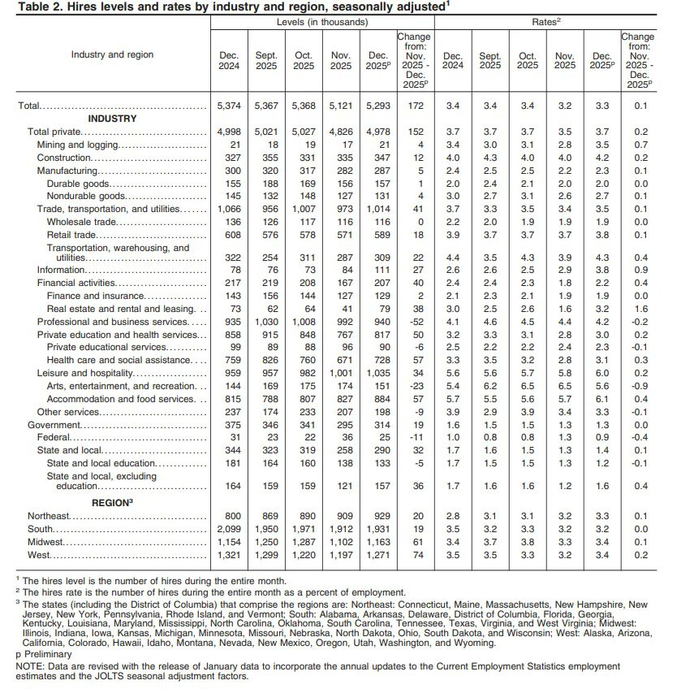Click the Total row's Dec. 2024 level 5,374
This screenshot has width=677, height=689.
(x=229, y=106)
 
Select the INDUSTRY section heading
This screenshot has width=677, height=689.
(x=113, y=119)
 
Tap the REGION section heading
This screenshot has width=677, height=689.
(x=111, y=503)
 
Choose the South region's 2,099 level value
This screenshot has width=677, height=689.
(x=229, y=529)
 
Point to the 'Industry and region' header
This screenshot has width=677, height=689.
(x=111, y=54)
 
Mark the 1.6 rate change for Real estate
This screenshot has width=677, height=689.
(x=637, y=310)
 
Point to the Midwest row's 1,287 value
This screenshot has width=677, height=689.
(x=303, y=542)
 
